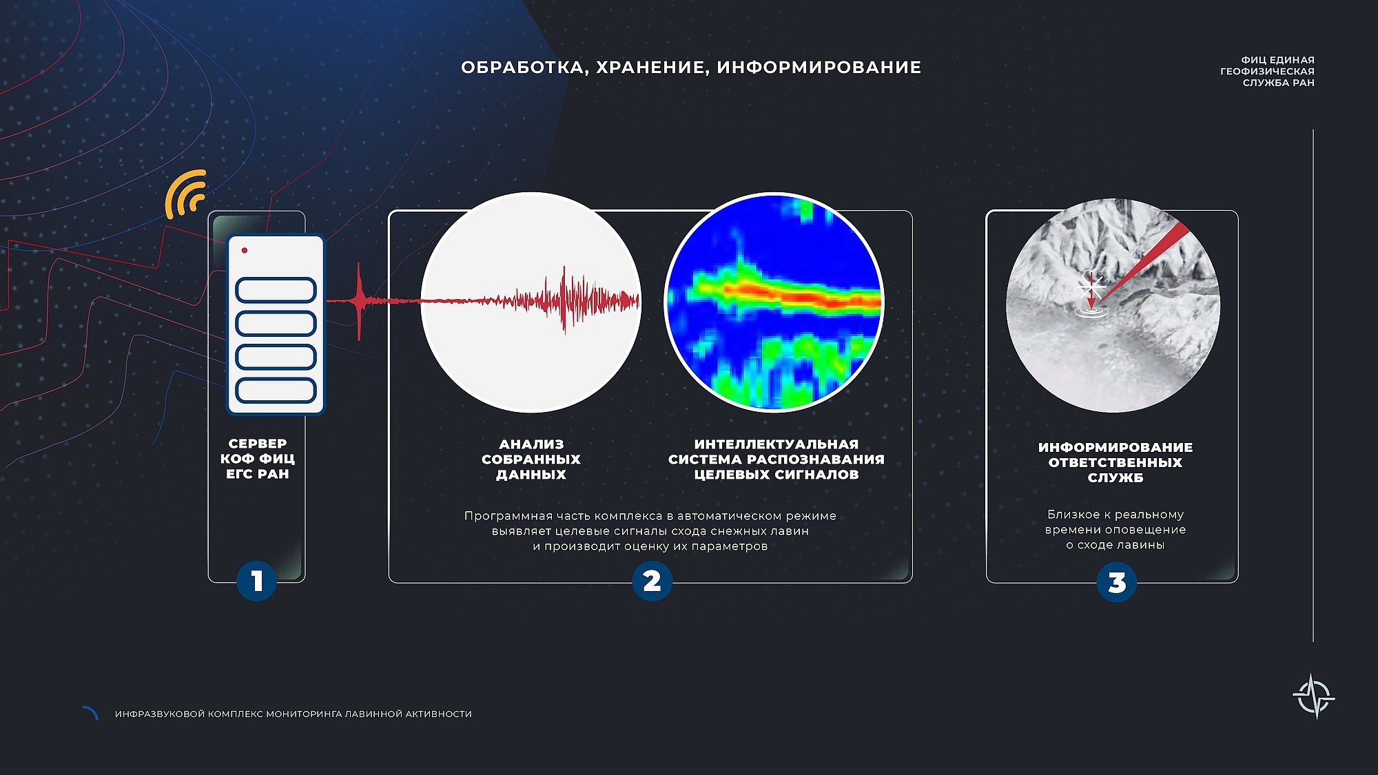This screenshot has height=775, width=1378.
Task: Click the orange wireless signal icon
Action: (x=185, y=194)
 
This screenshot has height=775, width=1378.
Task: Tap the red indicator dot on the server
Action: (x=245, y=250)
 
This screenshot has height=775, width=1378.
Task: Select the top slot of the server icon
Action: (x=276, y=290)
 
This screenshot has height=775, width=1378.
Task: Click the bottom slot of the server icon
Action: (x=276, y=391)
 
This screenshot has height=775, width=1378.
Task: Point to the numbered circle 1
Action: (x=256, y=581)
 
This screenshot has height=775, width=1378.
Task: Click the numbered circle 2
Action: (x=652, y=581)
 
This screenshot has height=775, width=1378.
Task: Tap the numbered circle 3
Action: (x=1116, y=582)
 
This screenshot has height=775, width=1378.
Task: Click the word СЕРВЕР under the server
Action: (x=258, y=444)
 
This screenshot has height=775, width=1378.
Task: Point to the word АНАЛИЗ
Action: (x=531, y=444)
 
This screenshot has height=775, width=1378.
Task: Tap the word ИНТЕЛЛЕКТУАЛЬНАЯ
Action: (x=777, y=444)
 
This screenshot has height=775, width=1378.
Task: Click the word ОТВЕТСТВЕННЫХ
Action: (x=1115, y=462)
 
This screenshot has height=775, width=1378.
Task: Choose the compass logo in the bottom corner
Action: (x=1314, y=696)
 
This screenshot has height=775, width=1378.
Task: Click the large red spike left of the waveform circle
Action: (x=359, y=301)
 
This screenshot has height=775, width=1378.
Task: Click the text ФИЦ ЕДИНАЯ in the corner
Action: (x=1278, y=60)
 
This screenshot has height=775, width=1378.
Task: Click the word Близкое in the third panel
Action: (x=1073, y=515)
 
